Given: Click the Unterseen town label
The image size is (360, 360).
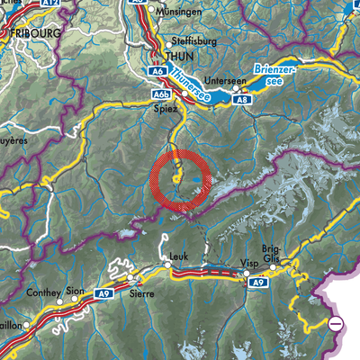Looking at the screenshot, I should click(x=225, y=79).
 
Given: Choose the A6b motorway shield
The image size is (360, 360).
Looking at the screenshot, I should click(x=162, y=94).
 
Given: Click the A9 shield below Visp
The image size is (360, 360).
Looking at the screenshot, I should click(x=259, y=283).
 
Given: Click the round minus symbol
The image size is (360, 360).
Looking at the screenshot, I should click(x=337, y=322).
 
